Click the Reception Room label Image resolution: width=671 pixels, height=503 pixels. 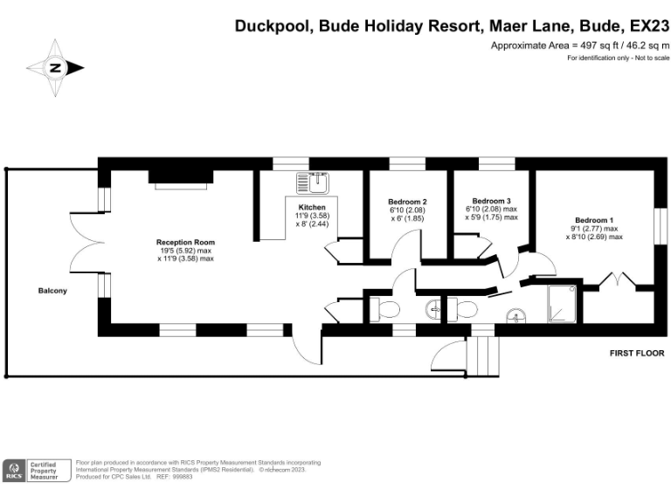(x=185, y=242)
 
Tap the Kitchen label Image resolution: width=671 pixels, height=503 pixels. (x=311, y=207)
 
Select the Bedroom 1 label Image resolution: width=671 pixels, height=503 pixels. (x=594, y=219)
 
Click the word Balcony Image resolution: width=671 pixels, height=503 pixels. (x=52, y=291)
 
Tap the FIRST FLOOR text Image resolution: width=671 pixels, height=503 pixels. (x=637, y=354)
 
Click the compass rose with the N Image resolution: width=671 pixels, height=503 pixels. (x=55, y=67)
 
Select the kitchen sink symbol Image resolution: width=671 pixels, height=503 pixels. (x=311, y=183)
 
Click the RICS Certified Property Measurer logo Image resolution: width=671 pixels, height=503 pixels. (x=36, y=470)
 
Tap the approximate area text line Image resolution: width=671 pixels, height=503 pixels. (x=580, y=45)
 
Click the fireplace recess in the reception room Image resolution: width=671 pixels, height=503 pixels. (x=179, y=177)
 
